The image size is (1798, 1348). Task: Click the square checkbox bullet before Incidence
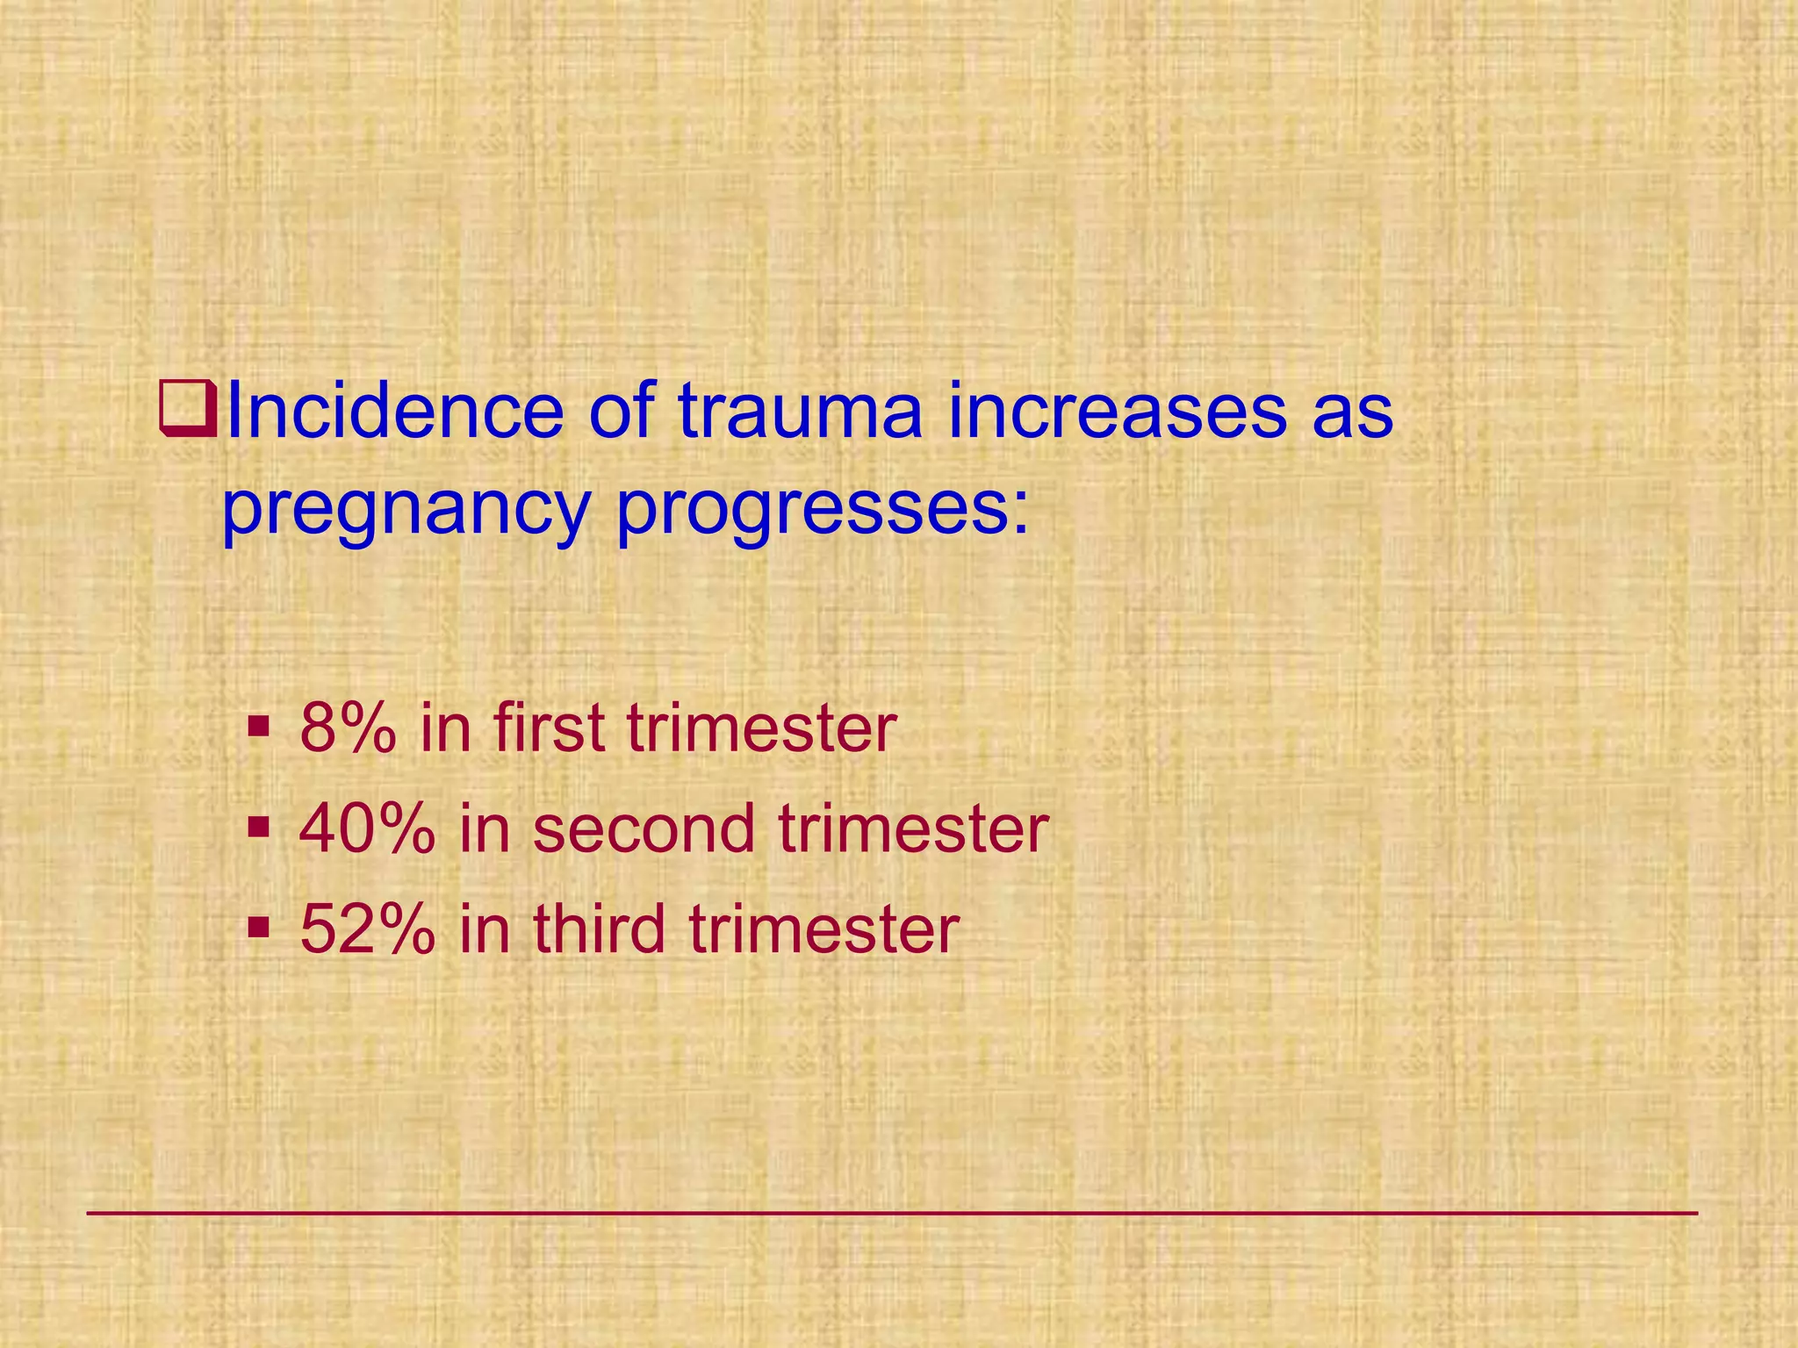pos(188,410)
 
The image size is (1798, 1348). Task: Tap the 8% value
pos(346,728)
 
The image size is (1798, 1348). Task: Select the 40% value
pos(366,828)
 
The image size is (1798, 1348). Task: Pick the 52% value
pos(366,929)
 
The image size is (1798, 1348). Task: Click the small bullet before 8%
pos(258,728)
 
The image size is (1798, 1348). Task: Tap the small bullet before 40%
pos(258,828)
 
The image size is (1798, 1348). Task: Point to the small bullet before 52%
pos(258,928)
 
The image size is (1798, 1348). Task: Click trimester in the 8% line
pos(761,728)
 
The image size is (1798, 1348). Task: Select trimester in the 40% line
pos(913,828)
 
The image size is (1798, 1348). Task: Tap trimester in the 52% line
pos(823,929)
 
